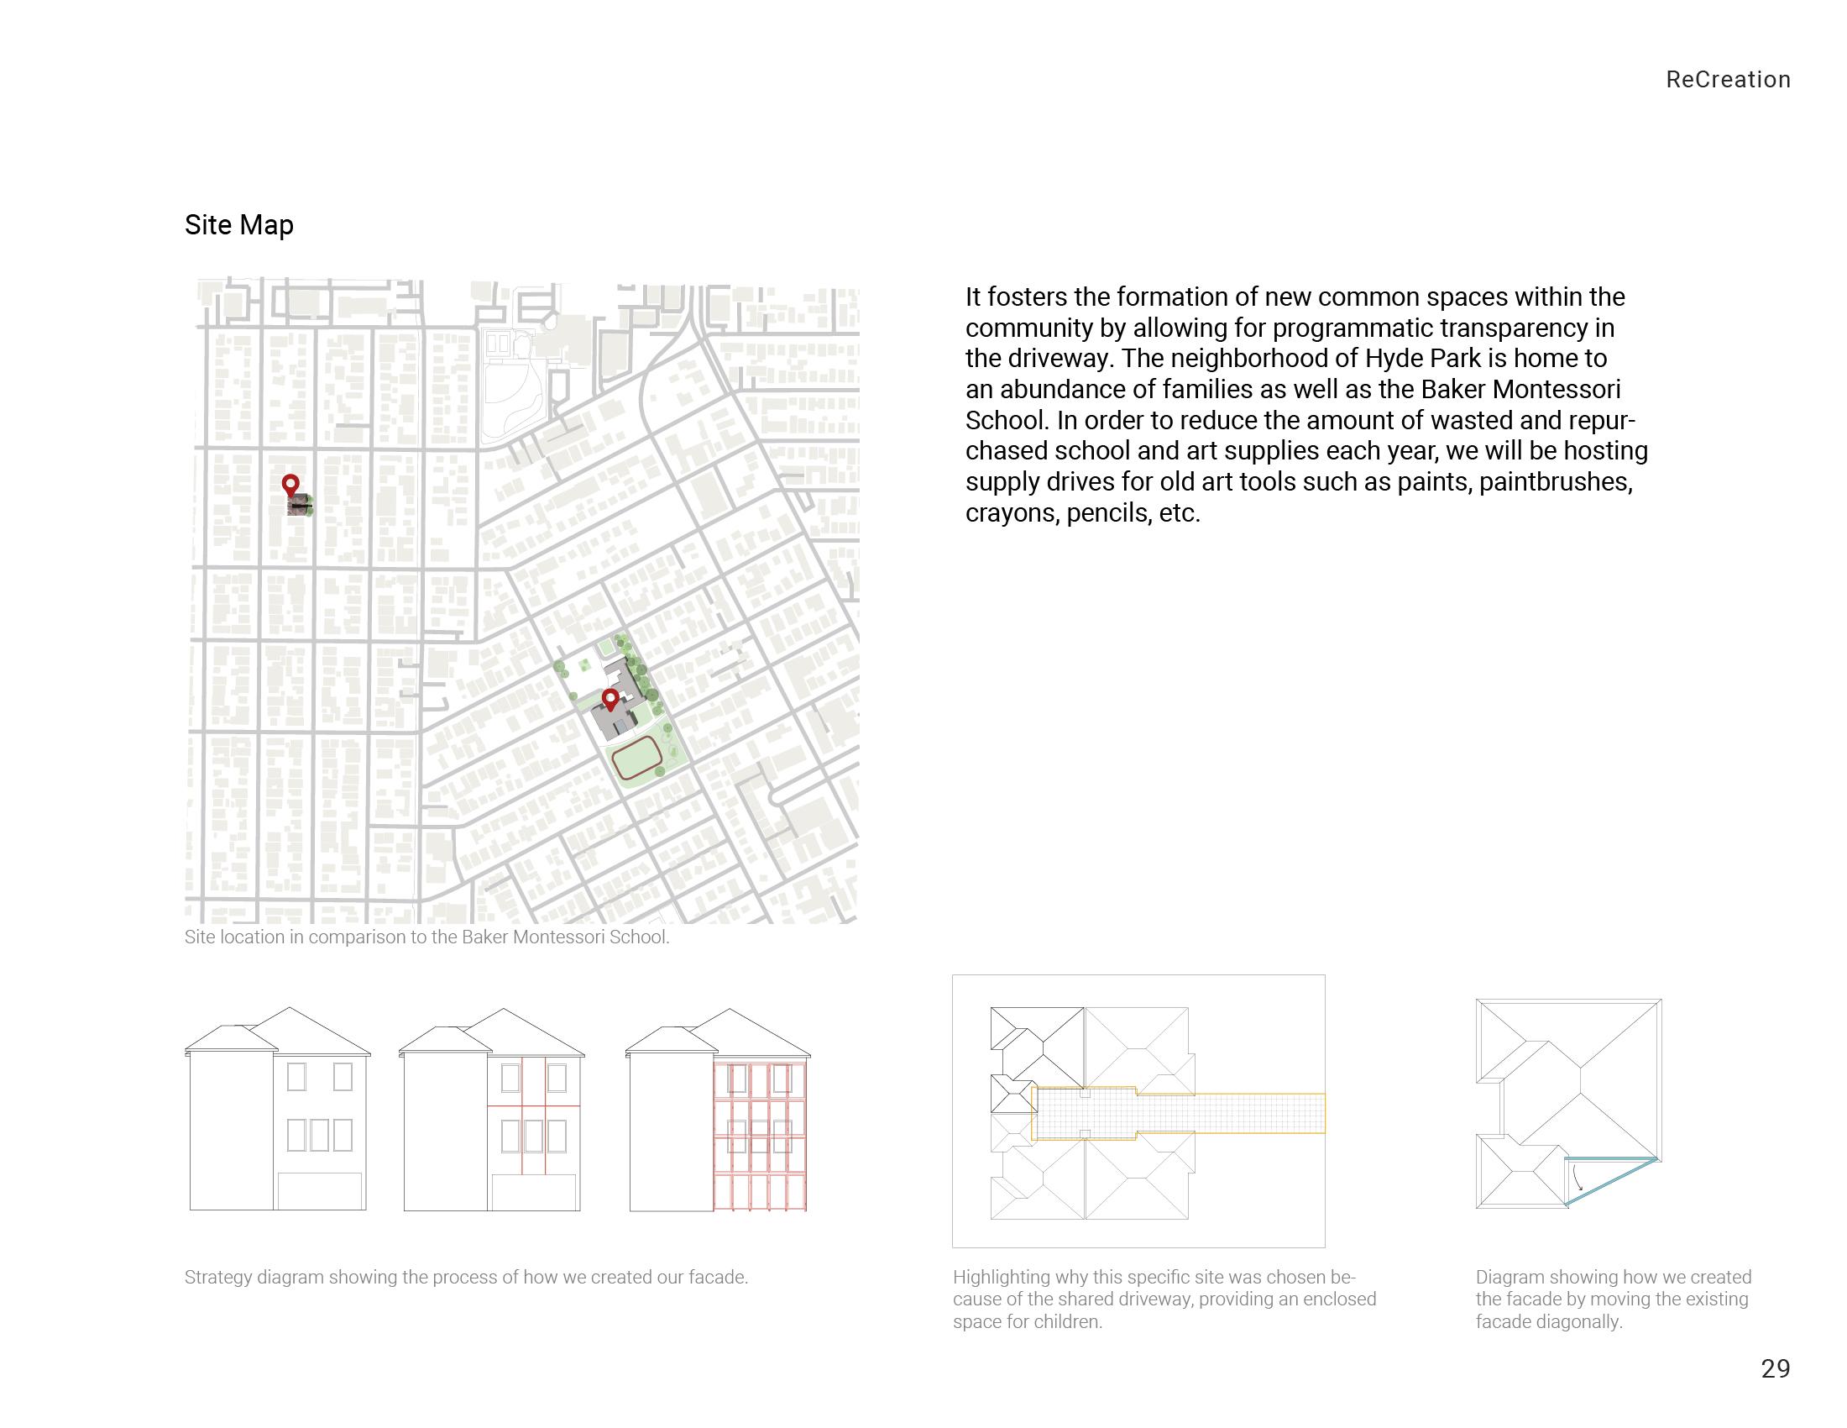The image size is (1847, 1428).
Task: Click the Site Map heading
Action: [x=238, y=225]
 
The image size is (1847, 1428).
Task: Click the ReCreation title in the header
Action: [x=1728, y=80]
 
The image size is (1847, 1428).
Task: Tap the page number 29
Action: [x=1775, y=1368]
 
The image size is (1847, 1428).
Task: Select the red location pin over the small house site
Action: [x=290, y=485]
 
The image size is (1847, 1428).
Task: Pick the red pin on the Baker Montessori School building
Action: [x=610, y=700]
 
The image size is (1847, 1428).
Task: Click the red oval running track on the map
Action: [x=637, y=758]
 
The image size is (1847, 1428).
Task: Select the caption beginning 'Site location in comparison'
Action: [x=426, y=937]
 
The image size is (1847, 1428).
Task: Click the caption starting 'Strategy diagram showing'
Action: [x=466, y=1278]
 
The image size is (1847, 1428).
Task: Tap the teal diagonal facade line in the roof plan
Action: [x=1611, y=1181]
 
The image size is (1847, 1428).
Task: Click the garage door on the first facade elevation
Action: [x=321, y=1191]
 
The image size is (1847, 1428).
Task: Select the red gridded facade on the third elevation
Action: [x=760, y=1137]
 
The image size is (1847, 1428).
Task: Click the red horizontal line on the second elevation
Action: [x=534, y=1106]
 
